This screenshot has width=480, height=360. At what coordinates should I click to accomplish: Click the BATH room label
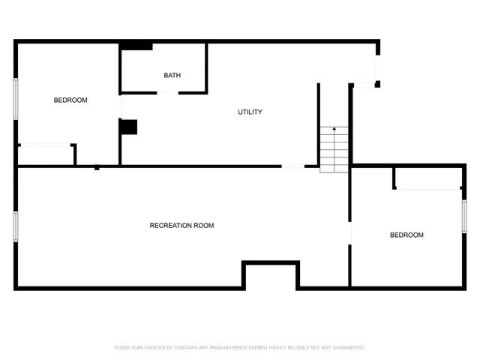(172, 75)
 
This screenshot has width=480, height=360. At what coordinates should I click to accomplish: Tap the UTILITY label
(250, 112)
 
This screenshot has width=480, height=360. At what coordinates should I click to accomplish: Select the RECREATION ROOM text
(181, 226)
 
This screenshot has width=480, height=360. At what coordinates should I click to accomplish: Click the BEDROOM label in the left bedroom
(70, 100)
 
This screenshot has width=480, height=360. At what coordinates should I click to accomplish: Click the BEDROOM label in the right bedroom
(406, 235)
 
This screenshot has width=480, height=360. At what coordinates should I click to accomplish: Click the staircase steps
(334, 150)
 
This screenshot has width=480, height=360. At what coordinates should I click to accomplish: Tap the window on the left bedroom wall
(15, 97)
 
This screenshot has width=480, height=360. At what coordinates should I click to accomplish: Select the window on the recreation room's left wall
(15, 226)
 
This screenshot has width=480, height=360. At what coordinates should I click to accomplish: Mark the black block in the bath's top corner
(136, 46)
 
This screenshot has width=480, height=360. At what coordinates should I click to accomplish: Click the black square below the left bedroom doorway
(129, 127)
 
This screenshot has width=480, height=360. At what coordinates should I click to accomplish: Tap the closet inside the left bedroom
(45, 154)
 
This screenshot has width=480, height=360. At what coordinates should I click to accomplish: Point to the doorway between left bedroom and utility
(121, 108)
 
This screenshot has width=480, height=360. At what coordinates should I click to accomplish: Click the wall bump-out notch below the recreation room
(271, 276)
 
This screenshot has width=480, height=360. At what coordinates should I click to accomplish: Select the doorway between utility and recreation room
(292, 166)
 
